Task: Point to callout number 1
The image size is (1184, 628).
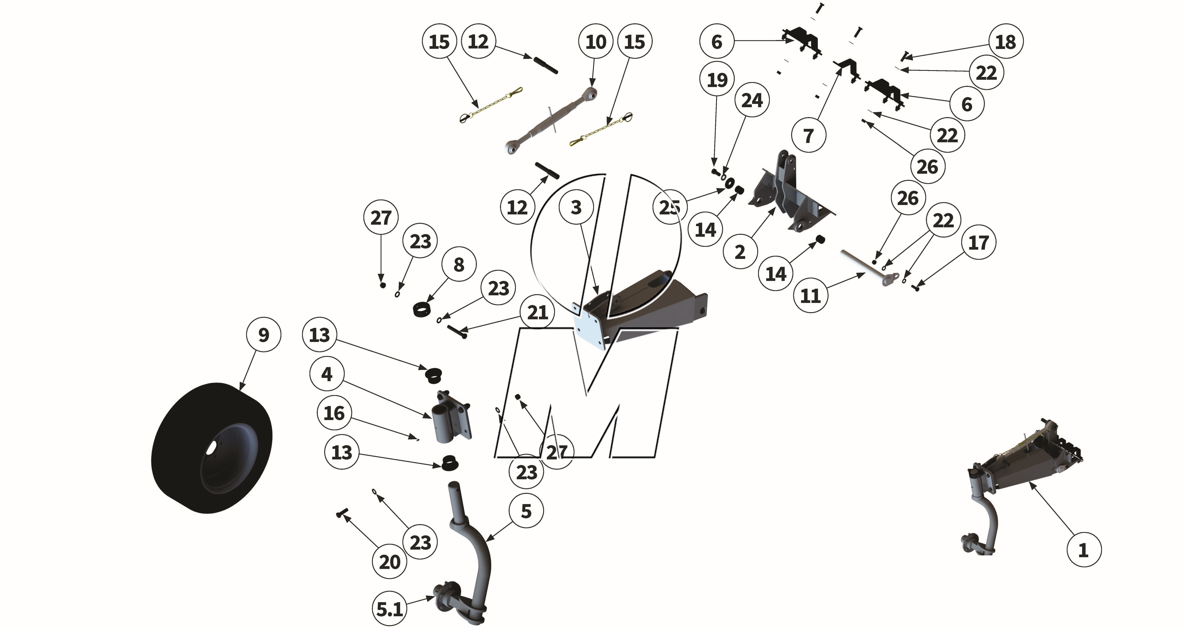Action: [x=1083, y=550]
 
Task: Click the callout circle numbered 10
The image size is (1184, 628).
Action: [x=596, y=42]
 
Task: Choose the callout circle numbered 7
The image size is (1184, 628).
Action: [x=809, y=136]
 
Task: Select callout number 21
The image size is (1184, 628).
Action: [x=537, y=313]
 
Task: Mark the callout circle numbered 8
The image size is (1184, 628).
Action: [x=459, y=265]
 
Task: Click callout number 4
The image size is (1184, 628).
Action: [x=327, y=374]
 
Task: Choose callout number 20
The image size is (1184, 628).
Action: [x=389, y=562]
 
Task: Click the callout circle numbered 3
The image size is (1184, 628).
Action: [x=576, y=207]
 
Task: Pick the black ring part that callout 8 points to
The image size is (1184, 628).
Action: [x=423, y=309]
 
